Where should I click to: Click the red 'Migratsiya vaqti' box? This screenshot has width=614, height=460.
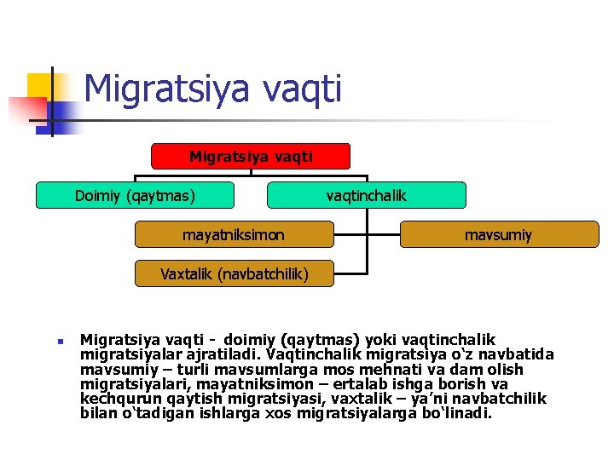251,157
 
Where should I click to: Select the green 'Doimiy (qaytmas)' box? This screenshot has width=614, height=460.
135,195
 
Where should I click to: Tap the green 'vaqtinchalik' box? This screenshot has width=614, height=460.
367,195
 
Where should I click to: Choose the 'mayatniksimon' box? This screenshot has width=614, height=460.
234,233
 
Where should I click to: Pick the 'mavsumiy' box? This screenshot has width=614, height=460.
498,233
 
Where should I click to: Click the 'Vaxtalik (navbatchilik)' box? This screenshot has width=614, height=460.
235,273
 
